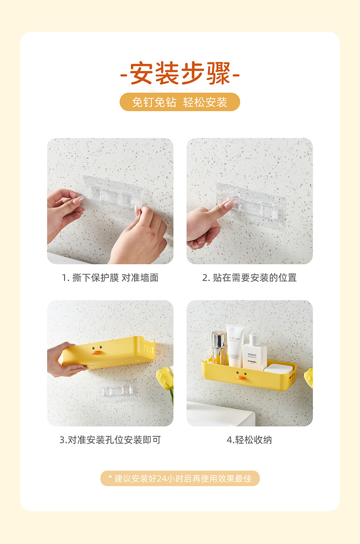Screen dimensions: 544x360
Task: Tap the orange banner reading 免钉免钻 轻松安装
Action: [x=180, y=102]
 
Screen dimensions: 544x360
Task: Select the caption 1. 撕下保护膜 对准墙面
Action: [x=110, y=277]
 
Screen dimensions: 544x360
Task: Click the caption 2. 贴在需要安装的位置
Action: [x=249, y=277]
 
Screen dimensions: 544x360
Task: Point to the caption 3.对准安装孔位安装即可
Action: [x=110, y=440]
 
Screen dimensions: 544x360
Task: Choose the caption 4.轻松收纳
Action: [x=249, y=440]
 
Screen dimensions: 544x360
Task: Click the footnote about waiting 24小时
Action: [x=180, y=478]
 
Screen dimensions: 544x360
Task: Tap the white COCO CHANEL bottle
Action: [x=254, y=353]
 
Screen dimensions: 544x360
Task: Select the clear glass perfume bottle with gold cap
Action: [x=219, y=349]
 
